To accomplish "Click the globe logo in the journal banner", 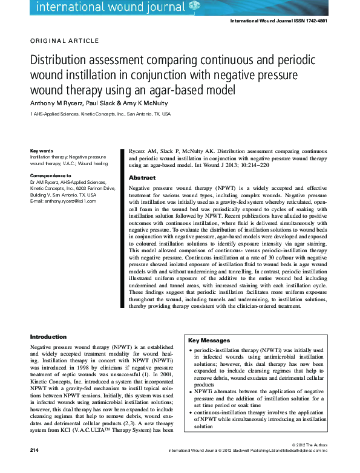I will [194, 6].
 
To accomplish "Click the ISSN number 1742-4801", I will [312, 21].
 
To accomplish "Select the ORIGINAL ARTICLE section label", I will [64, 41].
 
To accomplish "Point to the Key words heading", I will [42, 151].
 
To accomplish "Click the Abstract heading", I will [142, 178].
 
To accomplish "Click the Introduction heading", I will [48, 336].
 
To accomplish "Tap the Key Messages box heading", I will [209, 341].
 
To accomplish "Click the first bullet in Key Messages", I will [192, 350].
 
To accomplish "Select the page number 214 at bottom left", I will [34, 468].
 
